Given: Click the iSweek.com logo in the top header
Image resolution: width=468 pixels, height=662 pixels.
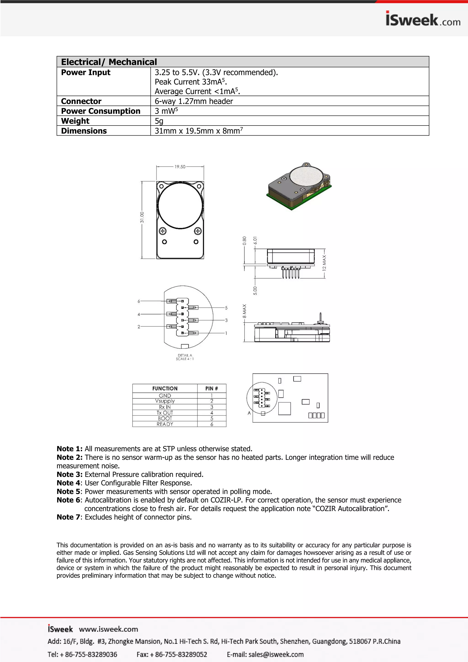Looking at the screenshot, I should point(423,19).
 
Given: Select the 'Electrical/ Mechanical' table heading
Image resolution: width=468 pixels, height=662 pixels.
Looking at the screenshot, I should point(109,62).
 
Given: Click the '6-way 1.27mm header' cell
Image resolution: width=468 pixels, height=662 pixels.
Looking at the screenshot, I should point(194,101).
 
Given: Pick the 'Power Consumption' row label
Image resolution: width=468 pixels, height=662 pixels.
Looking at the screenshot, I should point(101,111).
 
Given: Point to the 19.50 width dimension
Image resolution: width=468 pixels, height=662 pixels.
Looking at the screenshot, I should point(180,167).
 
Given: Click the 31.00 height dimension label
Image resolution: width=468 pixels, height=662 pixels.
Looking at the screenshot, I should point(142,217).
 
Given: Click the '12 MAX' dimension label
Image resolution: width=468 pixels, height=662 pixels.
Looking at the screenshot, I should point(324,262).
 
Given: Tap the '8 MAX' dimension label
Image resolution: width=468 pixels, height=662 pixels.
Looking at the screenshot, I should point(244,311).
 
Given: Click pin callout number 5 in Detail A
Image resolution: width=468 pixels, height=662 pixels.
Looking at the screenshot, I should point(226,308).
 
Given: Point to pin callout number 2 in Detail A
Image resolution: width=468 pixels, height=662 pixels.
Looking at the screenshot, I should point(139,327).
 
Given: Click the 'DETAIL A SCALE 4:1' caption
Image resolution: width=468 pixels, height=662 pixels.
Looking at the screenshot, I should point(185,357).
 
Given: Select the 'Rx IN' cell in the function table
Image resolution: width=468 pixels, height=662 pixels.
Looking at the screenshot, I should point(165,407).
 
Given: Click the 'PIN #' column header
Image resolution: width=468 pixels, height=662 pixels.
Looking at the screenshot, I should point(212,389).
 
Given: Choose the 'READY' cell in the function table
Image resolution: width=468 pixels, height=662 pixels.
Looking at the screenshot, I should point(165,424).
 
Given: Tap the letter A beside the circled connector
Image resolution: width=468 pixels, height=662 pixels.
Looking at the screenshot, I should point(249,413).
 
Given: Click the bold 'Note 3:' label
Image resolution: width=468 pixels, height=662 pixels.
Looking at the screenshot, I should point(69,474).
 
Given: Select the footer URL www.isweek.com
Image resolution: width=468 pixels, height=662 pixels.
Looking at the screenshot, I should point(108,629).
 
